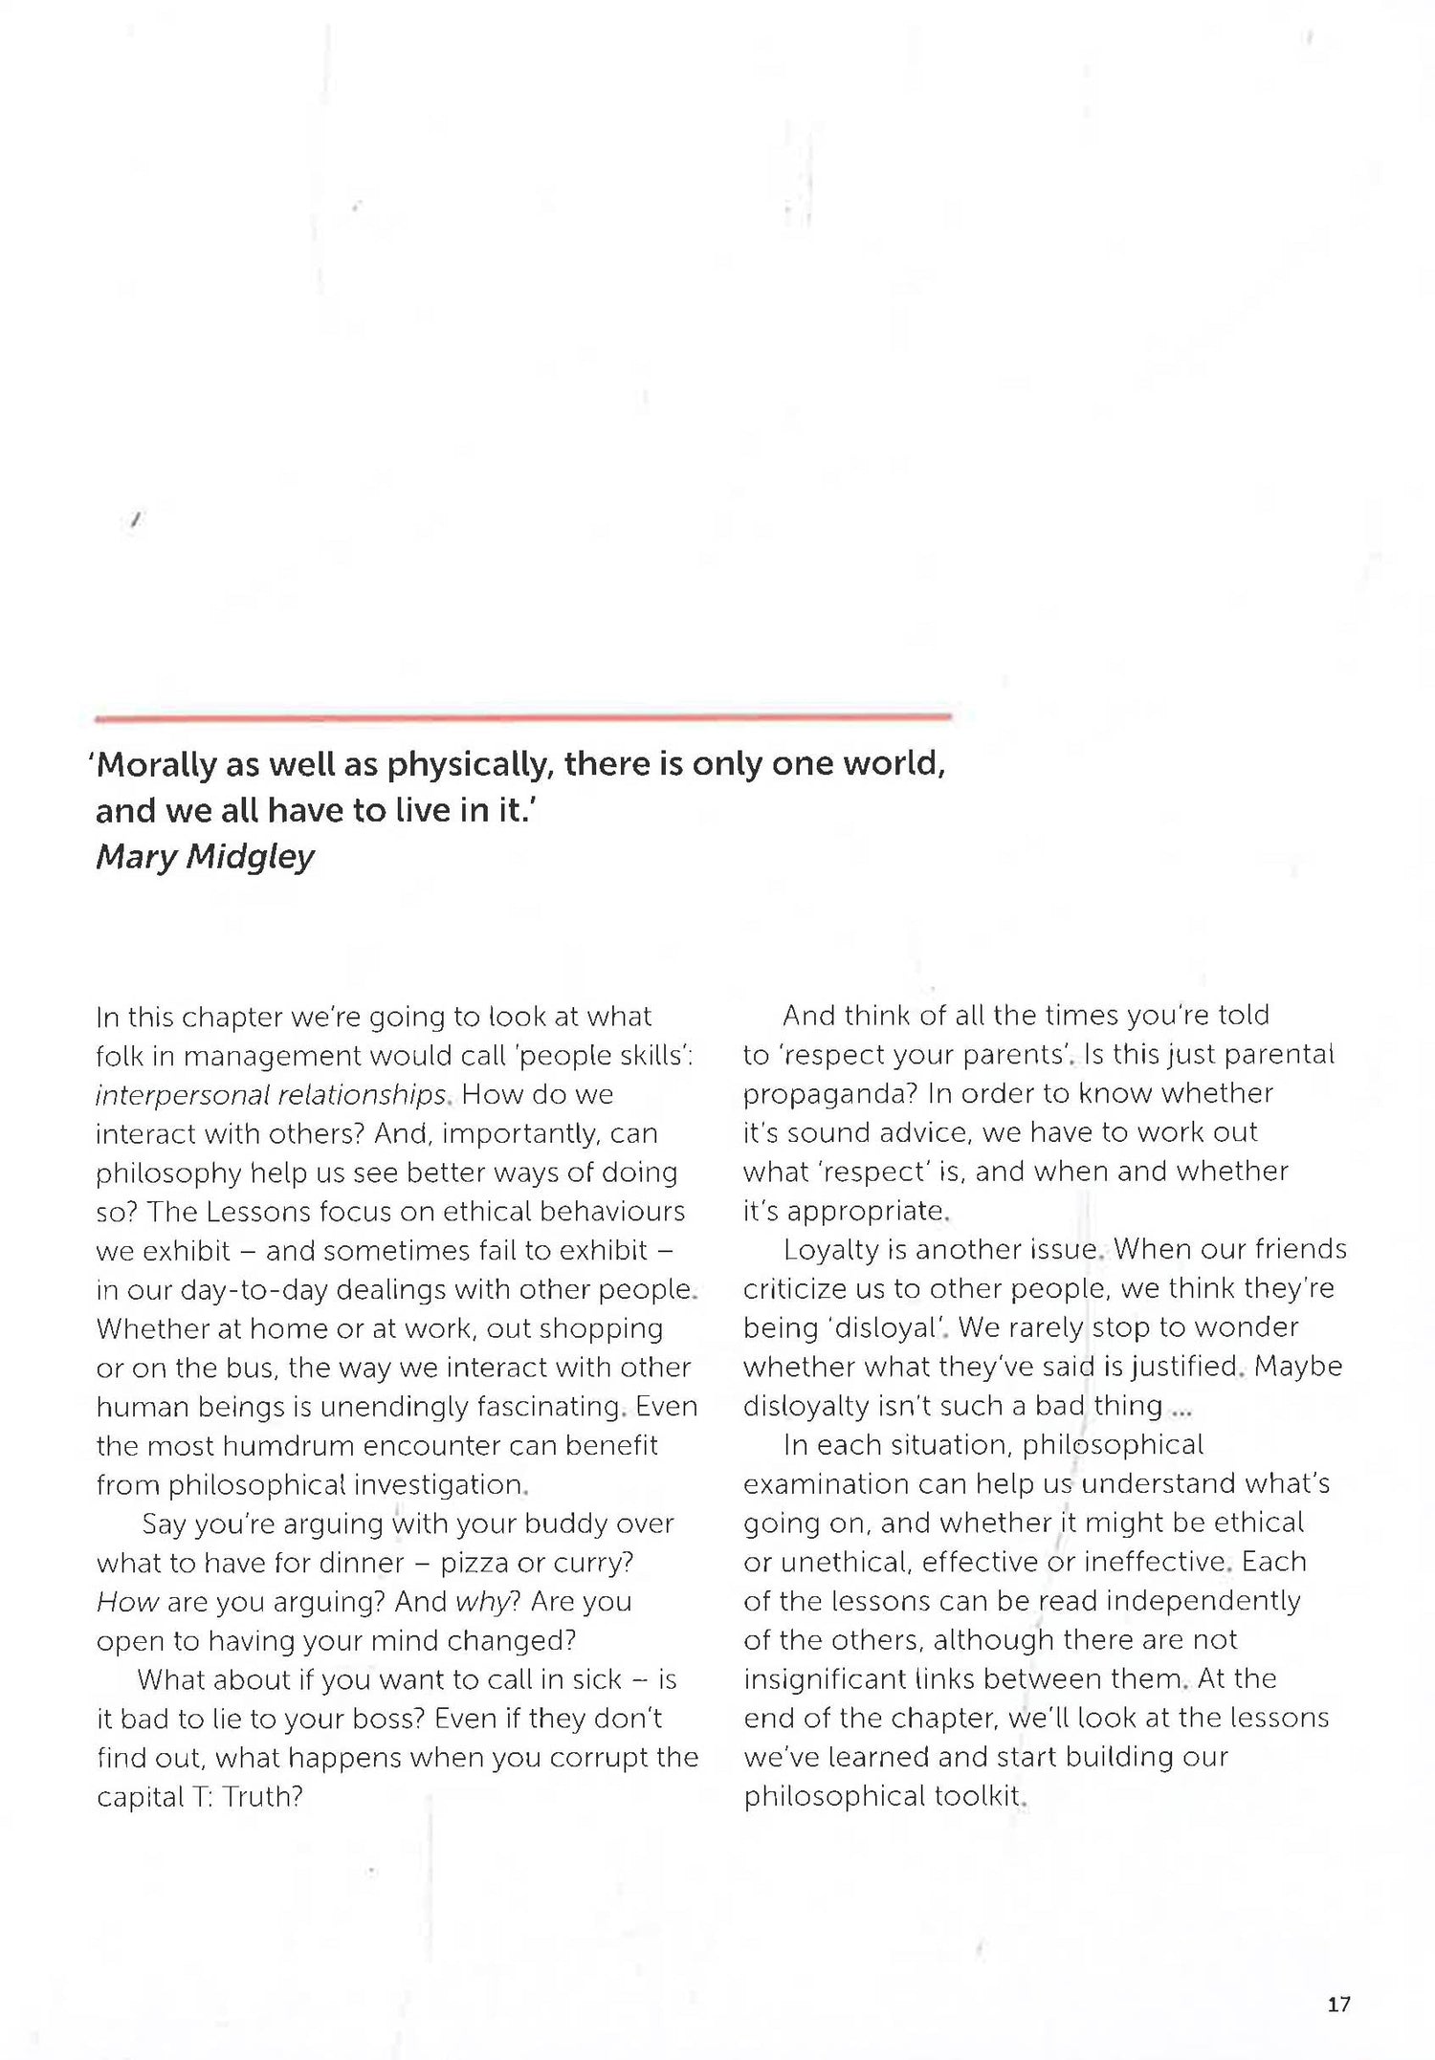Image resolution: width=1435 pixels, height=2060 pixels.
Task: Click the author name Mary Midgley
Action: pyautogui.click(x=205, y=857)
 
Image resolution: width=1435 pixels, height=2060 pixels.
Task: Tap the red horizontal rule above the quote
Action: pyautogui.click(x=522, y=716)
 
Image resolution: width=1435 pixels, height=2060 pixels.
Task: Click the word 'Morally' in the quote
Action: pyautogui.click(x=158, y=765)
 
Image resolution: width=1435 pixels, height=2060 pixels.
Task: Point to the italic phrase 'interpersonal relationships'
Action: pyautogui.click(x=271, y=1094)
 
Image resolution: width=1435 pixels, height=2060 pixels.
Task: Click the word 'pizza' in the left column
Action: pyautogui.click(x=475, y=1563)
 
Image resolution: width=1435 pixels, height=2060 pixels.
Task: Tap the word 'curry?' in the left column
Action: pyautogui.click(x=589, y=1563)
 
